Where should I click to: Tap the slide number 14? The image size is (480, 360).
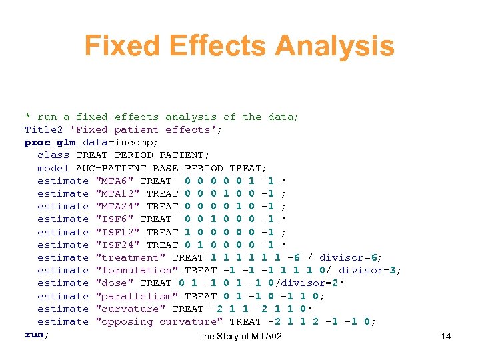click(445, 336)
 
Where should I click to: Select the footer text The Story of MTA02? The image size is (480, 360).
click(240, 336)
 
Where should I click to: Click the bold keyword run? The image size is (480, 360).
click(37, 334)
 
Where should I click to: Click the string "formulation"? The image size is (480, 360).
click(137, 270)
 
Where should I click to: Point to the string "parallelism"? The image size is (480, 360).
click(137, 296)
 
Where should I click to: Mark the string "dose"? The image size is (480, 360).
click(115, 283)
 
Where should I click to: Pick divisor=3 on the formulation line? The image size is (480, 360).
click(370, 270)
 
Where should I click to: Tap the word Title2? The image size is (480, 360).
click(43, 129)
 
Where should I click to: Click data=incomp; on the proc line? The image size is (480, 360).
click(121, 142)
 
